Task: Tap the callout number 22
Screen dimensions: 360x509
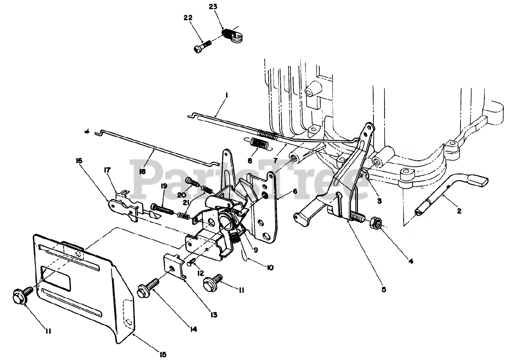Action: [188, 18]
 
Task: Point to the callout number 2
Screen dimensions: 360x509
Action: [459, 211]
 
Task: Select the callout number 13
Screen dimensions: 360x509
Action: [214, 315]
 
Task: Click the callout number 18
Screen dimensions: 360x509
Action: [142, 171]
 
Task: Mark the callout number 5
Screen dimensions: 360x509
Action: [383, 290]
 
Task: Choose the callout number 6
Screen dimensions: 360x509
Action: [295, 191]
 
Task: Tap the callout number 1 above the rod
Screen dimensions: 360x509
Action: [226, 95]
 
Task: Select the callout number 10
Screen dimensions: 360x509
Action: [270, 268]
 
